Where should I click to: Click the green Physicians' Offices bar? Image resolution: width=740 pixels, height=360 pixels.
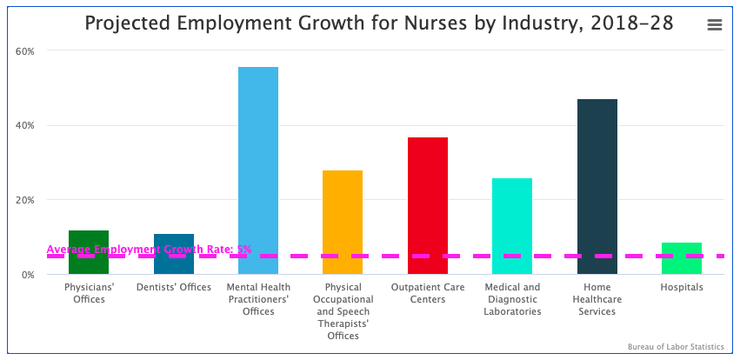89,251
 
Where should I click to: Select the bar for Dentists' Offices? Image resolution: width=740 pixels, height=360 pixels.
174,254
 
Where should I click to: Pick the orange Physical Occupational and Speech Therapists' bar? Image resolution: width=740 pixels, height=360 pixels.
343,222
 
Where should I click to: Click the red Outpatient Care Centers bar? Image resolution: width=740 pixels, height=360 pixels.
428,205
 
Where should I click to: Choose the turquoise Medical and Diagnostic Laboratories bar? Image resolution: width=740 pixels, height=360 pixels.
512,226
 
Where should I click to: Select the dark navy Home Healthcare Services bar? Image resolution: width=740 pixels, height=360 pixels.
597,186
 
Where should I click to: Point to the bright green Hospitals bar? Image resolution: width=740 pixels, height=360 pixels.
681,258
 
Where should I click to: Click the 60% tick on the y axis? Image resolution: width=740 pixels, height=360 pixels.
25,51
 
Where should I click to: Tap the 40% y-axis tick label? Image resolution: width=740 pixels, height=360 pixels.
25,126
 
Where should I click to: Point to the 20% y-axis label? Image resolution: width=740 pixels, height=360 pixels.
25,200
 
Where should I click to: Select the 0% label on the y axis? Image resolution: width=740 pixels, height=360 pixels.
28,275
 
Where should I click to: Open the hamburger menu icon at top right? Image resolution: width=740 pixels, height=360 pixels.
715,25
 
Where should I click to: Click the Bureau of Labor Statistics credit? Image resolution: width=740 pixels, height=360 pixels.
676,347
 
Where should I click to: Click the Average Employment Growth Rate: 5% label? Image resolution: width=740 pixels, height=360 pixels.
149,250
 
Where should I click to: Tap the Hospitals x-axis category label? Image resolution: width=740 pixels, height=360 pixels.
681,288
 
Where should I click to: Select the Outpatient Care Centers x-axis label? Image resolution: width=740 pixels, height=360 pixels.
428,293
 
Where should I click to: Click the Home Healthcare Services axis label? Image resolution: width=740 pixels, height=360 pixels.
597,299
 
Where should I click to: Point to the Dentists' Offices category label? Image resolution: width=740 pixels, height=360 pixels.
174,288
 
